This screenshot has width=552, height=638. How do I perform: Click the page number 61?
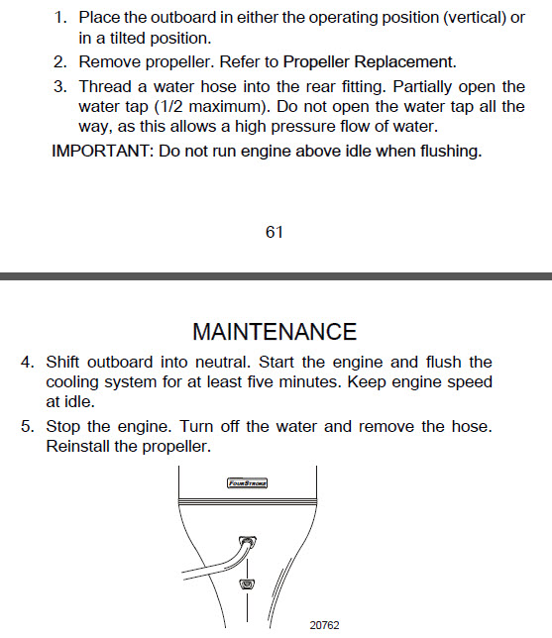pyautogui.click(x=275, y=232)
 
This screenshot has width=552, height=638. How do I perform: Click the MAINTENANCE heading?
pyautogui.click(x=275, y=331)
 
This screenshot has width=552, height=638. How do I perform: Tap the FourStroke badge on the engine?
pyautogui.click(x=249, y=483)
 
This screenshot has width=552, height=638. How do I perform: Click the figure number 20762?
pyautogui.click(x=324, y=625)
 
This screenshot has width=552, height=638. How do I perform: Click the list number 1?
pyautogui.click(x=59, y=19)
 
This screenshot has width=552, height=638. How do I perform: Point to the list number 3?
pyautogui.click(x=59, y=86)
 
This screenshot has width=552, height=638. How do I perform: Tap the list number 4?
pyautogui.click(x=28, y=363)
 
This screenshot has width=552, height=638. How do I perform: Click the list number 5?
pyautogui.click(x=28, y=426)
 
